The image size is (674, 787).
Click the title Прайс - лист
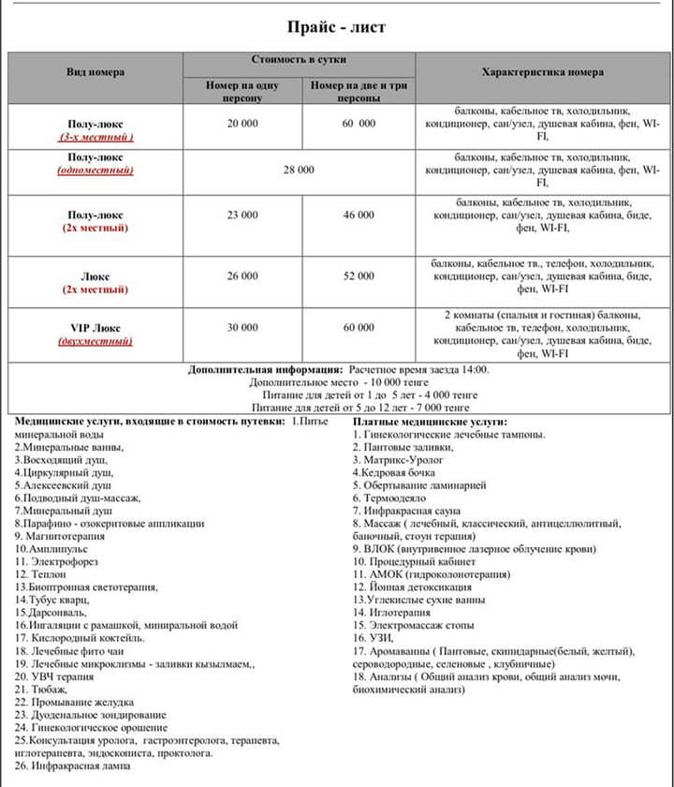[x=337, y=26]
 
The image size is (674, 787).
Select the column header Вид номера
[x=95, y=72]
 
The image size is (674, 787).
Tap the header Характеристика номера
[x=542, y=72]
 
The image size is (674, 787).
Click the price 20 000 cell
[x=242, y=124]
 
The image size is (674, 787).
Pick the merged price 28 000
[x=299, y=171]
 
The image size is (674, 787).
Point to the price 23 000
[x=242, y=215]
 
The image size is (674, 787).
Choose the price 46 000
[x=359, y=215]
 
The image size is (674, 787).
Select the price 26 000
[x=242, y=276]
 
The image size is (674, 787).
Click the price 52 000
[x=359, y=276]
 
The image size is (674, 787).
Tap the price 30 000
[x=242, y=328]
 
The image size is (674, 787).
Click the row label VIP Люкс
[x=95, y=328]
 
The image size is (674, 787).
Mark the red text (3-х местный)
[x=95, y=137]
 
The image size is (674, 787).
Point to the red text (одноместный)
[x=95, y=171]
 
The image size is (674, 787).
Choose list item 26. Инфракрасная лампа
[x=72, y=765]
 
